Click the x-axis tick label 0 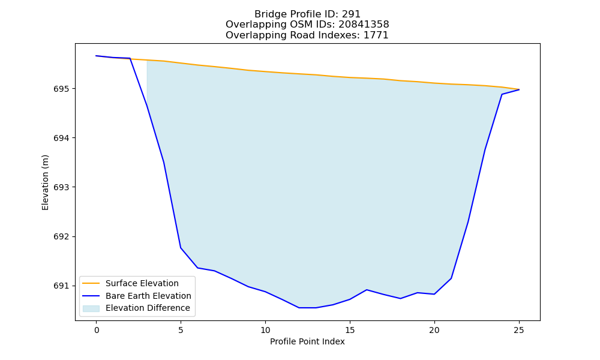[97, 331]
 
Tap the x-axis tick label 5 [181, 331]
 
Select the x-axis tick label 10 [265, 331]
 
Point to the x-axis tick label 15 [350, 331]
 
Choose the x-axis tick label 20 [434, 331]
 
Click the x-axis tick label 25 [519, 331]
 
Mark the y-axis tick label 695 [61, 89]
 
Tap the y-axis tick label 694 [61, 138]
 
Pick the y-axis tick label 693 [61, 187]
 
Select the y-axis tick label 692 [61, 237]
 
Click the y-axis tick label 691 [61, 286]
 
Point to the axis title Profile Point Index [307, 341]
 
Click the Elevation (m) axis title [45, 182]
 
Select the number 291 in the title [351, 14]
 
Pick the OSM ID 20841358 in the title [364, 25]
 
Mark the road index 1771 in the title [376, 35]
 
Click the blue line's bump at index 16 [367, 290]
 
